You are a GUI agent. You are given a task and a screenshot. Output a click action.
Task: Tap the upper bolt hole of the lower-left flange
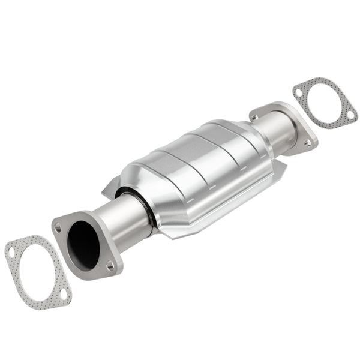tap(58, 227)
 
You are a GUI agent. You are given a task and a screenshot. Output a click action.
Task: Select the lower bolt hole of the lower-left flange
tap(110, 264)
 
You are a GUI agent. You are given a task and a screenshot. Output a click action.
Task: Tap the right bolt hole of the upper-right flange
tap(307, 143)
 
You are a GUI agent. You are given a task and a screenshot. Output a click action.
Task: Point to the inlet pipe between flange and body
tap(123, 219)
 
